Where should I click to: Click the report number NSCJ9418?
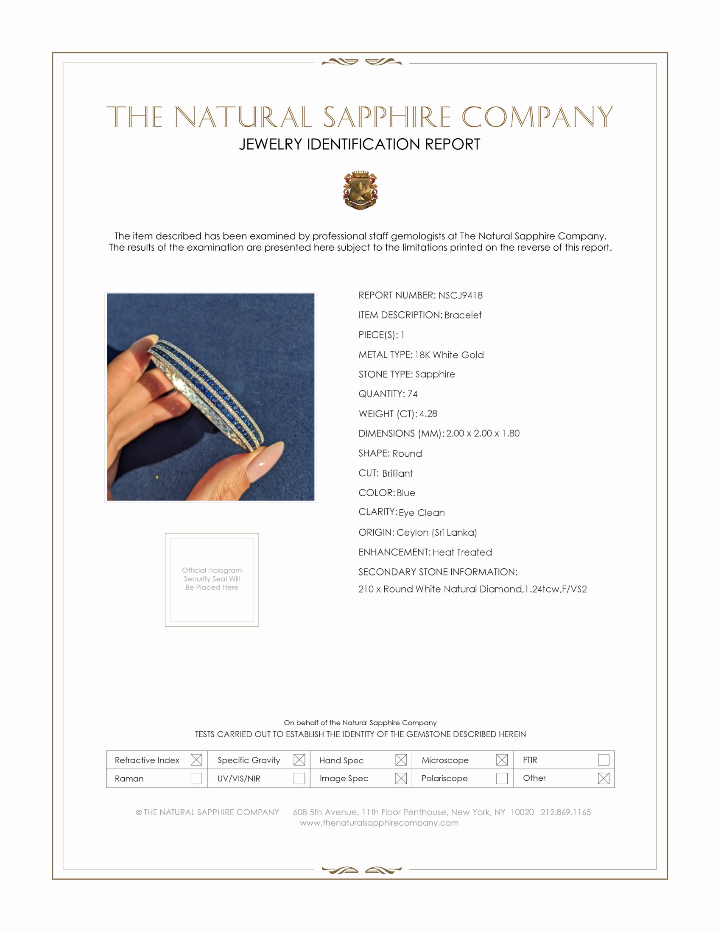[x=461, y=295]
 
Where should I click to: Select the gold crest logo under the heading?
[x=360, y=190]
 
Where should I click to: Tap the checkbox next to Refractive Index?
[x=196, y=760]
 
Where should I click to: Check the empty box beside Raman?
[x=196, y=778]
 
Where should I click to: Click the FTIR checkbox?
[x=603, y=760]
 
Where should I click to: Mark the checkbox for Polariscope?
[x=502, y=778]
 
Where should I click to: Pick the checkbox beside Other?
[x=603, y=778]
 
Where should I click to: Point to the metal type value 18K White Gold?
[x=449, y=355]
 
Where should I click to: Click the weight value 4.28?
[x=428, y=413]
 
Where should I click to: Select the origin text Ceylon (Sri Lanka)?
[x=436, y=532]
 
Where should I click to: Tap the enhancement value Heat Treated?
[x=462, y=552]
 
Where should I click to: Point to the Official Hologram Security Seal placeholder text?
[x=212, y=579]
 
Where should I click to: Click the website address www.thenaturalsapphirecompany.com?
[x=379, y=823]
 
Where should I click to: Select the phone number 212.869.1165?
[x=565, y=812]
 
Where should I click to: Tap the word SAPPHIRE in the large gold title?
[x=387, y=117]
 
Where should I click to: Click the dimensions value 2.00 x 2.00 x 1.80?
[x=483, y=433]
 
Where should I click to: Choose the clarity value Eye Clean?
[x=422, y=513]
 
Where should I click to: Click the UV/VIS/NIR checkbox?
[x=299, y=778]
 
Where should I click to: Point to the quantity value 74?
[x=413, y=394]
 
